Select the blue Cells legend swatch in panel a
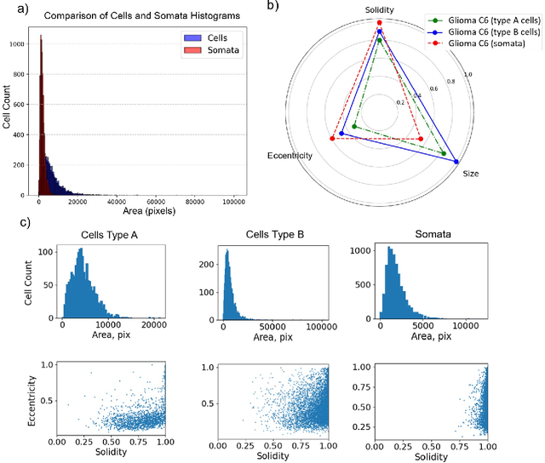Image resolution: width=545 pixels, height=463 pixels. coord(189,37)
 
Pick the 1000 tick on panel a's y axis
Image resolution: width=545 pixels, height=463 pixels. coord(25,44)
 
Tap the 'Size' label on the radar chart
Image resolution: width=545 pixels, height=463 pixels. coord(470,174)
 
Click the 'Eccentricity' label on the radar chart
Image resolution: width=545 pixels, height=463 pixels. coord(290,156)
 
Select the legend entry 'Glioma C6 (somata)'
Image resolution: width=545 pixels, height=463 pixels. coord(482,43)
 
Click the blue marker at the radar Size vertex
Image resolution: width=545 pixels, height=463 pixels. coord(457,162)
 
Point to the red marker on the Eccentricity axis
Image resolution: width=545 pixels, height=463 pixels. coord(331,139)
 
